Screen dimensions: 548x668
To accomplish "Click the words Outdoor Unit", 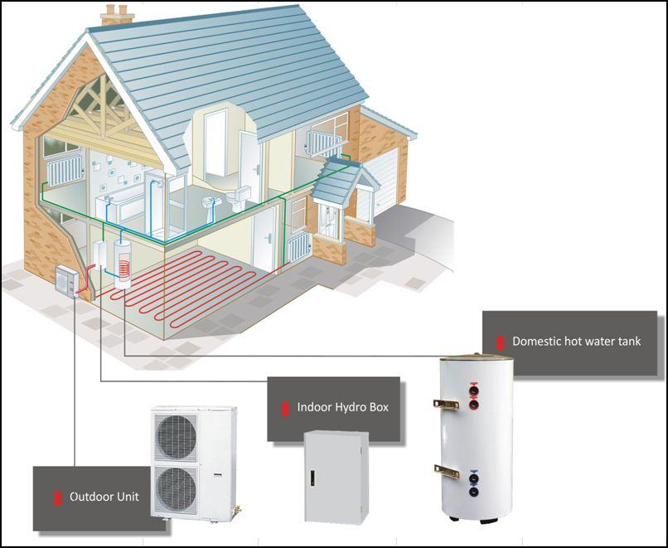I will click(x=104, y=497).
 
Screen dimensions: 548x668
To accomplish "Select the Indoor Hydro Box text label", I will click(x=342, y=408).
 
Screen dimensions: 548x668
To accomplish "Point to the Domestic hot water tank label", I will click(x=576, y=341).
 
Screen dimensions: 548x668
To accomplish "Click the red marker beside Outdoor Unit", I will click(x=58, y=497).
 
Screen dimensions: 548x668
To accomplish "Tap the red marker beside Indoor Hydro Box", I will click(x=284, y=408).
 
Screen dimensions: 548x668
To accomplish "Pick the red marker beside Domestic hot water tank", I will click(x=500, y=342).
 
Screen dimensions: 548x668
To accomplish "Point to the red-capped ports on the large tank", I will click(x=473, y=395).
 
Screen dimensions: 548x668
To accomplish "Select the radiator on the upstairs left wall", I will click(x=61, y=172).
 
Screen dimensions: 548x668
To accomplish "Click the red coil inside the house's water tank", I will click(x=125, y=268).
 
